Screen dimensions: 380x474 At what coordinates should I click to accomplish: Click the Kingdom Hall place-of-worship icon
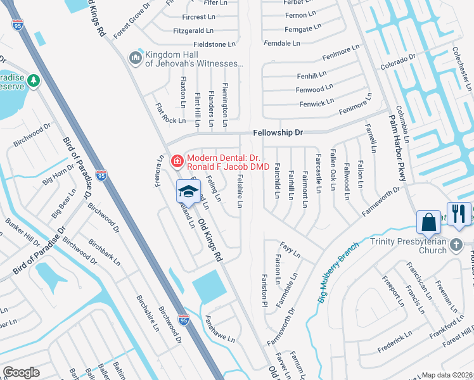point(135,58)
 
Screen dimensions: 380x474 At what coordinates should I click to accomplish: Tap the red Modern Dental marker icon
point(177,161)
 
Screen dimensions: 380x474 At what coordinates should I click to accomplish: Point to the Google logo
point(21,372)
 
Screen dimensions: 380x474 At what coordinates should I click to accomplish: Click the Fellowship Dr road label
point(278,134)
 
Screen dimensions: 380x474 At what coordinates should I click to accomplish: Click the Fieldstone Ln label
point(214,44)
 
